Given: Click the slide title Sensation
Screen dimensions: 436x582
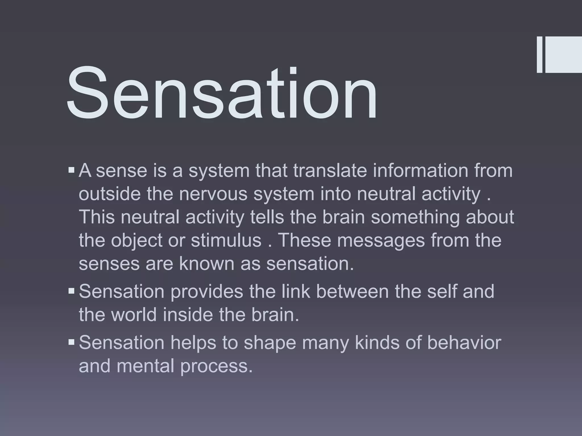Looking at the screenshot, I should click(222, 94).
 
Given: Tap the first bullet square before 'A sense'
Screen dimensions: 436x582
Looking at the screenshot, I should click(71, 171).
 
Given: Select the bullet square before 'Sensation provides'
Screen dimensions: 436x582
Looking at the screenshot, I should click(71, 291).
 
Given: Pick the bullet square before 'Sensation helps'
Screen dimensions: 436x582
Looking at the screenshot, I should click(71, 342).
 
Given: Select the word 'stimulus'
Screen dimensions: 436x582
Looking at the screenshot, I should click(226, 240).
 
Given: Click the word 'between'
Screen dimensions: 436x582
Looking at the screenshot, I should click(352, 291).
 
